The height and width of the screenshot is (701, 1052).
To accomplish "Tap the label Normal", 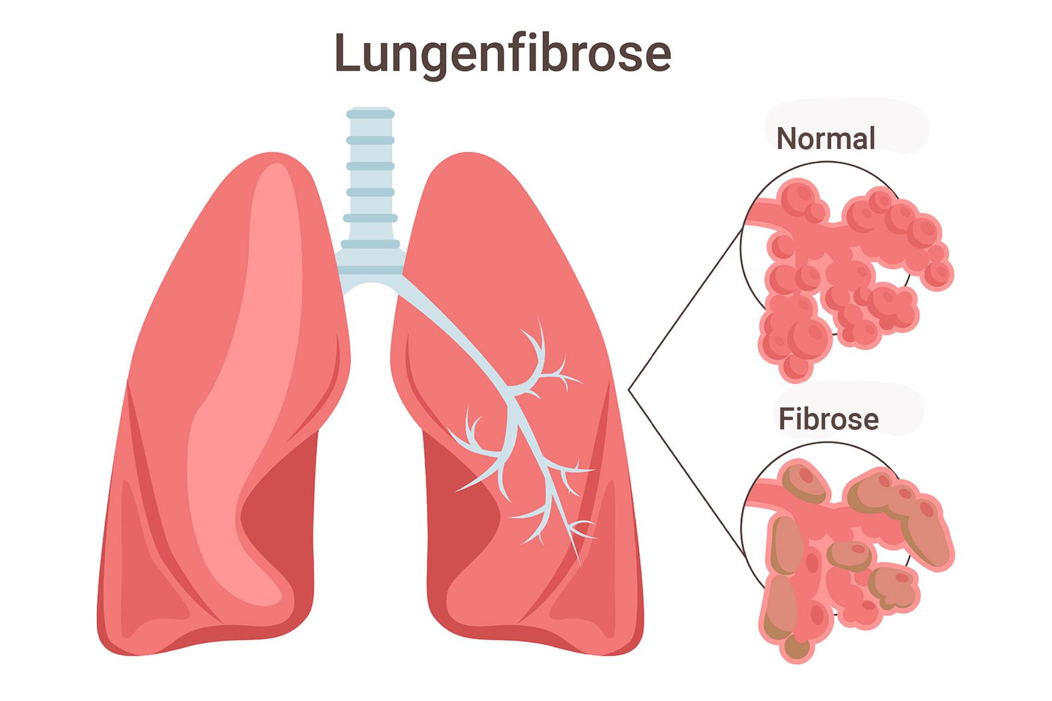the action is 826,138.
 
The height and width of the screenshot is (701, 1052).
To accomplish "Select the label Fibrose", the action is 829,419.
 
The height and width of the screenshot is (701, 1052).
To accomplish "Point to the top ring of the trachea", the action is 370,113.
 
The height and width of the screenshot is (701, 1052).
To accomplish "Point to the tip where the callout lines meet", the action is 628,390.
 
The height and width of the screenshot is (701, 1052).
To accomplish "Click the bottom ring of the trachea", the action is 370,244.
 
